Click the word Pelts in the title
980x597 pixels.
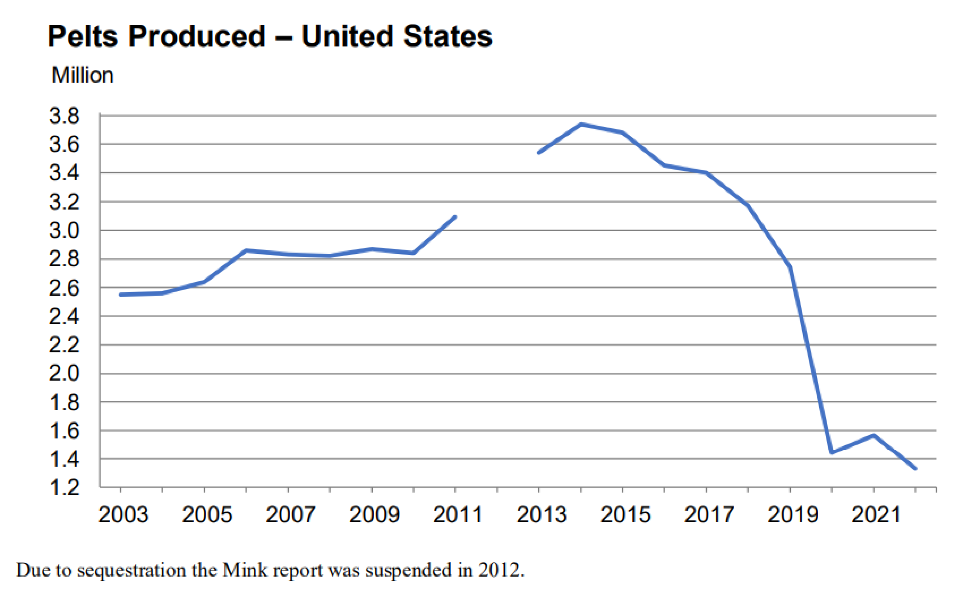82,36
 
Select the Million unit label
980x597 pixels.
82,75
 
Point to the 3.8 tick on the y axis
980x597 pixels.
64,116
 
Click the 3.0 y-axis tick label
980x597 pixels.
64,231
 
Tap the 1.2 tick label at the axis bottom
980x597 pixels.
64,487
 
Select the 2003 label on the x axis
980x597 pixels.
123,515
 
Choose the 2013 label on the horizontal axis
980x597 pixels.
541,515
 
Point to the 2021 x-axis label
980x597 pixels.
876,515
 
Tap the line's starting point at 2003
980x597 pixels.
121,295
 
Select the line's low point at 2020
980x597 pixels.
832,452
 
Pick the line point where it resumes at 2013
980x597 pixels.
539,153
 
